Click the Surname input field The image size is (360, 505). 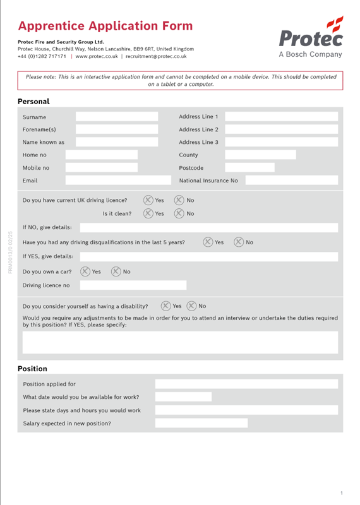coord(117,117)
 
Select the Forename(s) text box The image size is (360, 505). coord(117,129)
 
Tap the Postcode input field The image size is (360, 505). coord(249,167)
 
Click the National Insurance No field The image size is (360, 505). coord(291,181)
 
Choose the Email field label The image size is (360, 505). coord(30,181)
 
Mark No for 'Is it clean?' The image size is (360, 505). coord(179,213)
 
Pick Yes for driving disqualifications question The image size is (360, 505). coord(208,242)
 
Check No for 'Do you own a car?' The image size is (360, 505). coord(116,272)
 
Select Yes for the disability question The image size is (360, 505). coord(165,306)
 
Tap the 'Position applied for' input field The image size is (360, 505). coord(246,384)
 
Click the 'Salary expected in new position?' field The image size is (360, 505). coord(201,423)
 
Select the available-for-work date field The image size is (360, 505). coord(183,397)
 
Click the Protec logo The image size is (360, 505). coord(311,37)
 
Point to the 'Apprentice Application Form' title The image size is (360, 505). coord(105,26)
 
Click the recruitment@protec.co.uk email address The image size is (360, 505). coord(156,56)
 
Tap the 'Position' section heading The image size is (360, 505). coord(32,369)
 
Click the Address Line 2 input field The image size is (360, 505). coord(281,129)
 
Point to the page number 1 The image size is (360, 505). coord(341,492)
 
